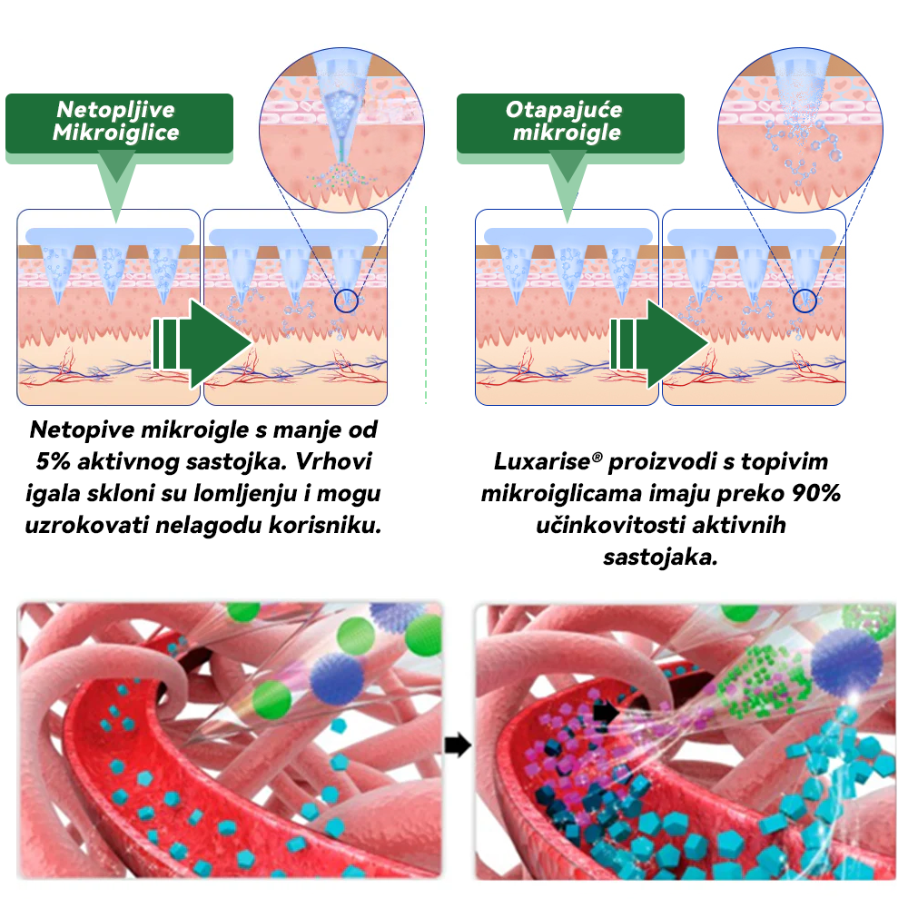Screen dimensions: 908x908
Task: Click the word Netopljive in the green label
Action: click(116, 109)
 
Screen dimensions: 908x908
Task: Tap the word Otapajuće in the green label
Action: click(564, 109)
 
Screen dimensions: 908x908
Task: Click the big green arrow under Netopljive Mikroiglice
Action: click(202, 343)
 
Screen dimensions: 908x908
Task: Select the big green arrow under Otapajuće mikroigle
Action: click(659, 343)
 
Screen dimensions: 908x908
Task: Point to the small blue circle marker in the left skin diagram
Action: click(346, 301)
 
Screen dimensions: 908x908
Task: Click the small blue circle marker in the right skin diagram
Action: click(804, 301)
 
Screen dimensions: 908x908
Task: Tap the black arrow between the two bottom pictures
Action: click(458, 745)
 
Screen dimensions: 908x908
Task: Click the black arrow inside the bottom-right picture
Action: click(607, 712)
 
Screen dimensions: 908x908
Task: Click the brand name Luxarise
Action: click(542, 461)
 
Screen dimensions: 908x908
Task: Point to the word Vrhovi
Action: click(334, 461)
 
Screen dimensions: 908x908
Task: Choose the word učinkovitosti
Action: click(610, 525)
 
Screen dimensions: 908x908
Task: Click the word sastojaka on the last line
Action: click(660, 558)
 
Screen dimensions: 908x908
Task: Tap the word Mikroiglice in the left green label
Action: click(116, 133)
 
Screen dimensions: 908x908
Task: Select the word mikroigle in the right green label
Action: click(567, 133)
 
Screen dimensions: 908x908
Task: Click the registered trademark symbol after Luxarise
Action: click(597, 457)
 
